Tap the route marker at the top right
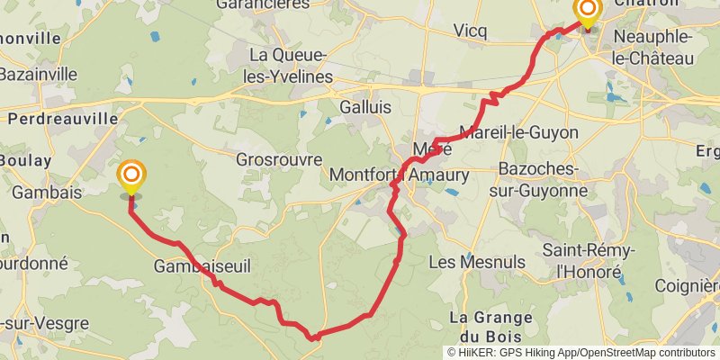[x=588, y=12]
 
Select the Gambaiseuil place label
[x=202, y=267]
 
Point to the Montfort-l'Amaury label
[x=400, y=174]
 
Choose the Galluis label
[x=366, y=106]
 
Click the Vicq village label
[x=470, y=31]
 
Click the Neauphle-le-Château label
[x=654, y=47]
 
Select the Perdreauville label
[x=63, y=118]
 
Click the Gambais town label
[x=47, y=192]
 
